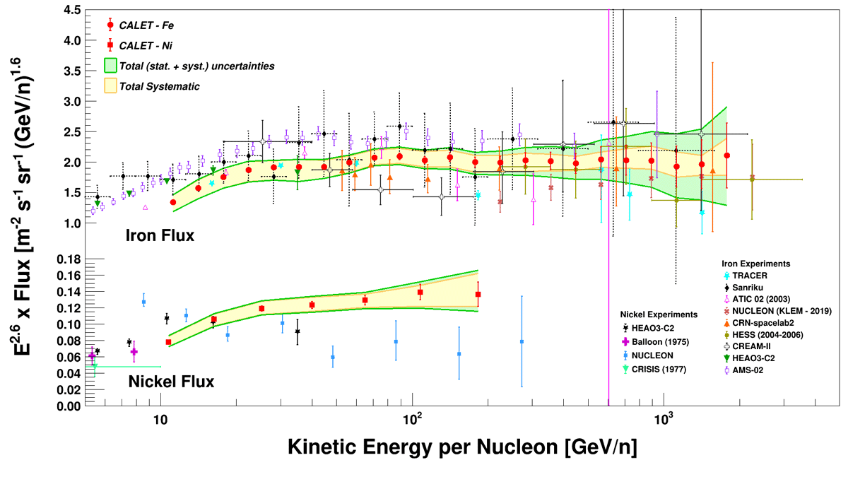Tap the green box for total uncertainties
tap(111, 66)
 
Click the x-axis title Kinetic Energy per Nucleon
tap(463, 447)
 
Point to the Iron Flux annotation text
tap(161, 236)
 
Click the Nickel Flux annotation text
tap(172, 382)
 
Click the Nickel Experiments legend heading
tap(659, 314)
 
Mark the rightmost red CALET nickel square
tap(478, 294)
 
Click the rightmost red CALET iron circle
tap(726, 155)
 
